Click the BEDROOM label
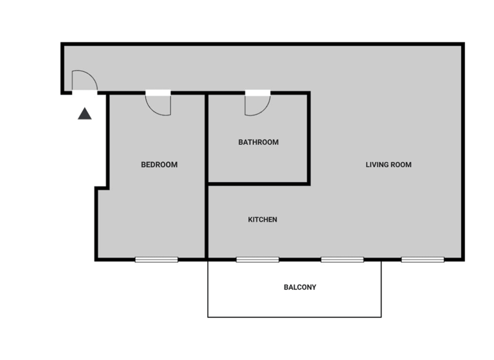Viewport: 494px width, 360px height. (159, 165)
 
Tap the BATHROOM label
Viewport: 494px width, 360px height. (259, 142)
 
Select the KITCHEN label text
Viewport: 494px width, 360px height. (262, 220)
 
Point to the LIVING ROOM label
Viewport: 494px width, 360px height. (389, 165)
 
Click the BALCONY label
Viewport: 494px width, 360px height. (300, 287)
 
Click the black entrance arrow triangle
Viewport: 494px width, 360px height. (85, 114)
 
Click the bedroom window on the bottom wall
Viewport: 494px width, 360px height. (156, 260)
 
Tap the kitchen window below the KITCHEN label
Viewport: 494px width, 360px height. (257, 260)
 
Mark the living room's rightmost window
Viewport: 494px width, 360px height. (423, 260)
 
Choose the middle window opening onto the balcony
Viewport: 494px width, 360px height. (342, 260)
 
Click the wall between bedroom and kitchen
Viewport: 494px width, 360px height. (206, 193)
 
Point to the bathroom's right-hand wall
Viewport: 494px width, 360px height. (309, 138)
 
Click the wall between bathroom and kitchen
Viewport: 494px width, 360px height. (257, 184)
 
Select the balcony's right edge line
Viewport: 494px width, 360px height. (381, 289)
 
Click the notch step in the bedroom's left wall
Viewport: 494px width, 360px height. (102, 188)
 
